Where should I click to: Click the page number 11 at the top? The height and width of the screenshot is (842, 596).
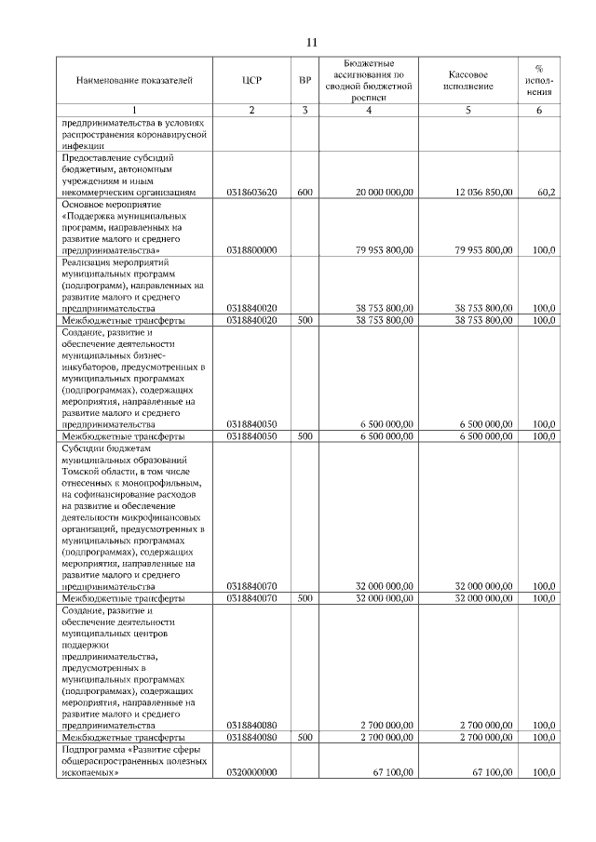[311, 43]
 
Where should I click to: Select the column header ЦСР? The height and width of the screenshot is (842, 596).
[251, 81]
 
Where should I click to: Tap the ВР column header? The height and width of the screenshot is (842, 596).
[305, 81]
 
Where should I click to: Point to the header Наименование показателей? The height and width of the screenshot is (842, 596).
[134, 81]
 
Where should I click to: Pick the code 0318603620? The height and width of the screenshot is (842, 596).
[251, 193]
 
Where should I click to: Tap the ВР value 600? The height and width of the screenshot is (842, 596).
[305, 193]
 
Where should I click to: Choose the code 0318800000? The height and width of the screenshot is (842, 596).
[251, 250]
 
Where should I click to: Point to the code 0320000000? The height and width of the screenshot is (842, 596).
[251, 772]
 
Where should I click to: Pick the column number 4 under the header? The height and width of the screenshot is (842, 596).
[370, 112]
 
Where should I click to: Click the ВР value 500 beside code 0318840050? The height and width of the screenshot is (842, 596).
[305, 435]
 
